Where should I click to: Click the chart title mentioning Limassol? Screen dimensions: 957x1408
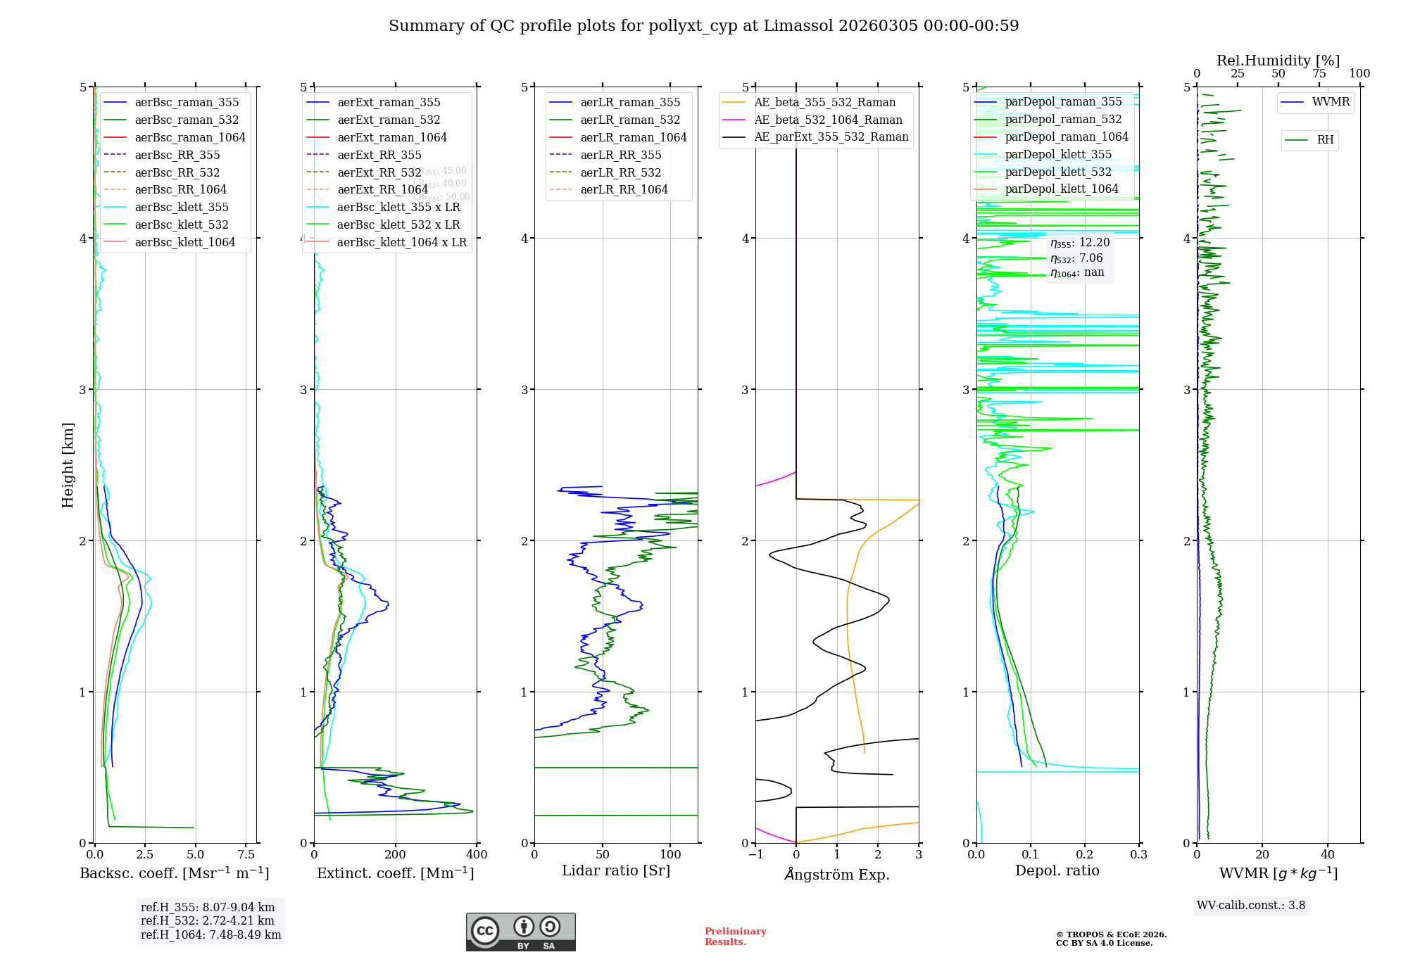703,26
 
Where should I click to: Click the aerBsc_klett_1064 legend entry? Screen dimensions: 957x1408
184,242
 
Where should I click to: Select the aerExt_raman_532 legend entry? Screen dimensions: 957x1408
389,120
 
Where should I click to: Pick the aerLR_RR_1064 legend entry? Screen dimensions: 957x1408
624,189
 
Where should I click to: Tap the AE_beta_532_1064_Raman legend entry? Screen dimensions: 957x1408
828,120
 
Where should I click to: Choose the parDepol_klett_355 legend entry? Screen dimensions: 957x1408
1058,154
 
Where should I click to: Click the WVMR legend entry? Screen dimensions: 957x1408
1331,102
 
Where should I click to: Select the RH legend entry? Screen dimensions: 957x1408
1325,140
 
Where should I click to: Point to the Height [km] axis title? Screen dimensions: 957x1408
68,465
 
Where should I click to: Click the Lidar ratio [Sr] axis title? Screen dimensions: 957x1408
616,870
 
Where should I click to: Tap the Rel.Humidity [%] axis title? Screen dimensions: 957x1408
1278,61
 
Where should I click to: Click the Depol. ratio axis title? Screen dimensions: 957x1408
1057,870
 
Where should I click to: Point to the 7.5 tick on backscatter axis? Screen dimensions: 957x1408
246,855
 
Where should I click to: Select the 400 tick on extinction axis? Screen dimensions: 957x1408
477,855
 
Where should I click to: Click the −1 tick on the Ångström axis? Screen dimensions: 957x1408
755,855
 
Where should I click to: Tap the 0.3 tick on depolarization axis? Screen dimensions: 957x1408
1138,855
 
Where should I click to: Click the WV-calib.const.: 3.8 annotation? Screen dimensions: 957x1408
1251,906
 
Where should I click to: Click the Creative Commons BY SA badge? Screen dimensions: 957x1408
520,932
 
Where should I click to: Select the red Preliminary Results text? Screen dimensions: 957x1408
735,937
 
